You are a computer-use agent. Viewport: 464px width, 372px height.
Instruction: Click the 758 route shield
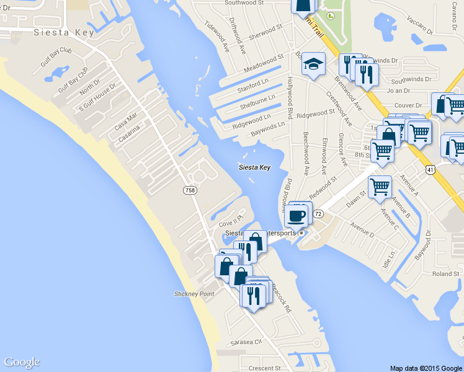click(190, 190)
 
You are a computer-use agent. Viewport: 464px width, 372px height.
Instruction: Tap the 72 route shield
click(318, 213)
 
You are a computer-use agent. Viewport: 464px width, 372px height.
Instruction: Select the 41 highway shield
click(430, 169)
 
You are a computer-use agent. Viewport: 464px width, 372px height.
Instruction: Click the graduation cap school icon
click(313, 64)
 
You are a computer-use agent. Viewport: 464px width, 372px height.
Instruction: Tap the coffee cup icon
click(297, 216)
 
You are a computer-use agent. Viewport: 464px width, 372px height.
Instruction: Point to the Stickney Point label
click(194, 294)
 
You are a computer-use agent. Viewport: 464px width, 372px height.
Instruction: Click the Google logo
click(22, 362)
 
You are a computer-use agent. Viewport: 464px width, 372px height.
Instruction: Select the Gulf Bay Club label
click(56, 58)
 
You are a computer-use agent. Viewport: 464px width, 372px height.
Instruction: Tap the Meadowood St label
click(264, 62)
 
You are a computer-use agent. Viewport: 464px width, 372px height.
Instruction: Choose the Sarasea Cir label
click(247, 342)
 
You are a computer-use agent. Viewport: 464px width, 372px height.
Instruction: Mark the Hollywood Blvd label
click(290, 97)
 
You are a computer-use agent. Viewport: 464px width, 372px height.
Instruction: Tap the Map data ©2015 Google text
click(426, 368)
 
